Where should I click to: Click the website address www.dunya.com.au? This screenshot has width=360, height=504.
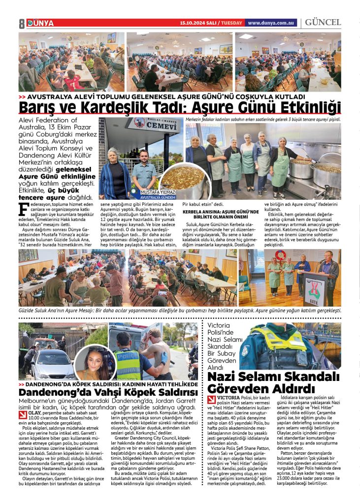click(271, 23)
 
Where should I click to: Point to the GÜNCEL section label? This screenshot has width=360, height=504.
click(323, 23)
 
